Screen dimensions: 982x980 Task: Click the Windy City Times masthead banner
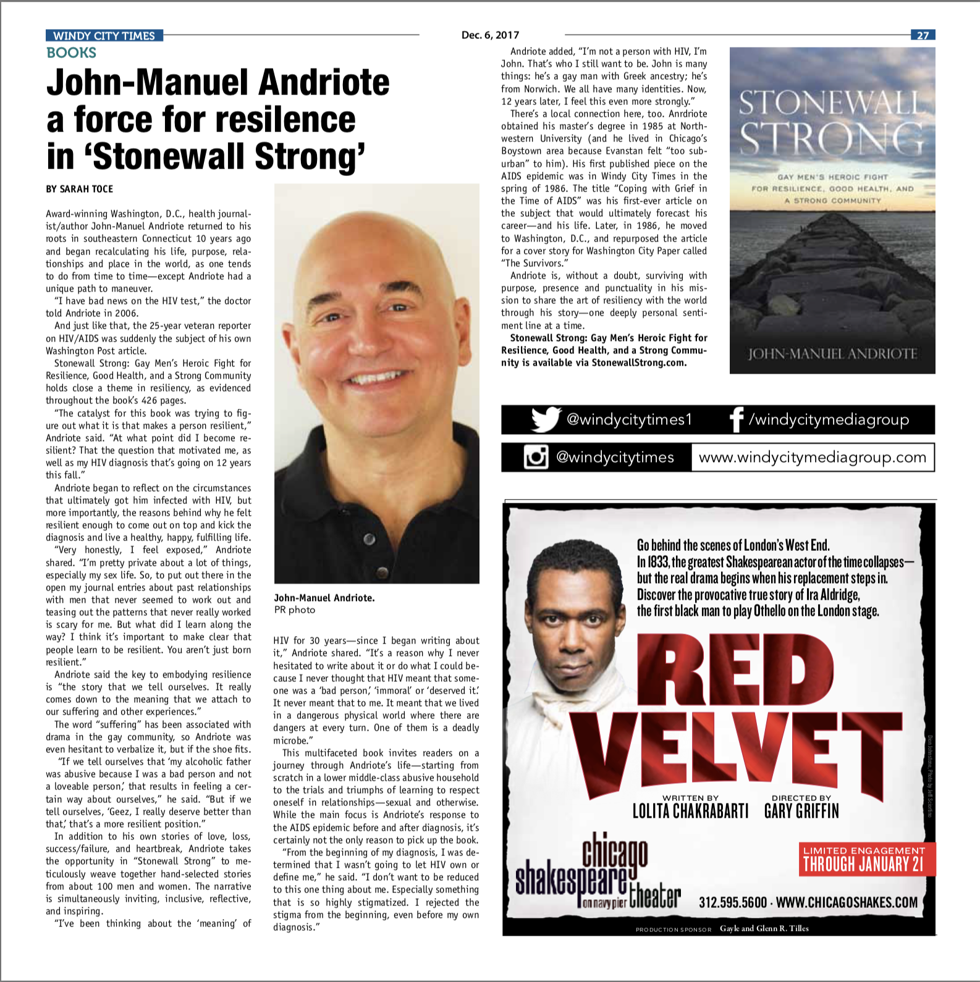104,35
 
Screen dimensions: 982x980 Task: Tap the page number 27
923,35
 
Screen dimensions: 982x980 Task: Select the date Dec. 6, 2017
490,35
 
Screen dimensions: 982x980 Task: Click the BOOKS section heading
72,52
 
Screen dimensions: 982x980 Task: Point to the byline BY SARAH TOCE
79,189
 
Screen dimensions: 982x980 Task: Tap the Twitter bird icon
546,419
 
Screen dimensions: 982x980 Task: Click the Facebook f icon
736,420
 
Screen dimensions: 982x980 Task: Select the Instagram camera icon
536,457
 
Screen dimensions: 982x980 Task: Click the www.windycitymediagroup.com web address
812,458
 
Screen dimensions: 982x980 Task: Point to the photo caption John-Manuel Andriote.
324,598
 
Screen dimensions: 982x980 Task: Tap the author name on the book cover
832,354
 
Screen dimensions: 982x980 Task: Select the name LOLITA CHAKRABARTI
690,810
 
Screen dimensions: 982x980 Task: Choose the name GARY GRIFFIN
801,810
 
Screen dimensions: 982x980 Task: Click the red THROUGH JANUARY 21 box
867,859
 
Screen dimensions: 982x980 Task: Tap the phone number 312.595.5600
733,902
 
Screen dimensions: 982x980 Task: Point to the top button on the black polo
370,539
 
